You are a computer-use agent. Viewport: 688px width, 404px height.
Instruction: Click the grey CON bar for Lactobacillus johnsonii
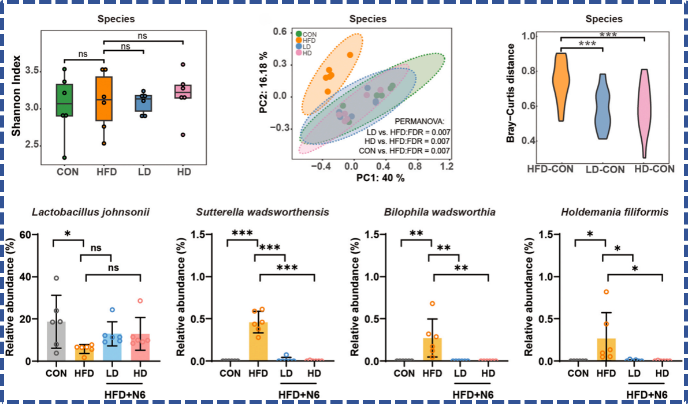point(57,341)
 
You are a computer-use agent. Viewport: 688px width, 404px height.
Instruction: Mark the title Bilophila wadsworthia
point(440,212)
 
